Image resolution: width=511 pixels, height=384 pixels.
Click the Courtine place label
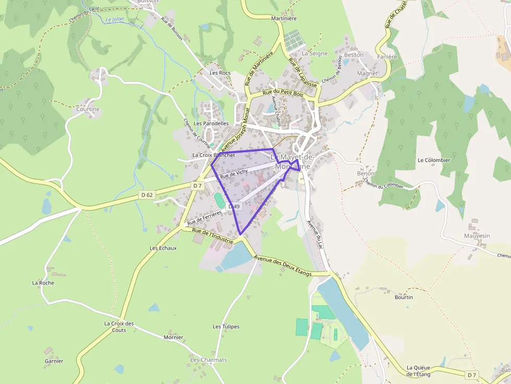pos(88,109)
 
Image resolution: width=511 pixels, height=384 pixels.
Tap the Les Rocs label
pos(220,73)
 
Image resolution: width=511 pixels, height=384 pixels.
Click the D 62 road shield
pos(147,195)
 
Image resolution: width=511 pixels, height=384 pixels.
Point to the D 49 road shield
pos(234,207)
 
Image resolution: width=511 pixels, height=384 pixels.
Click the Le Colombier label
pos(434,160)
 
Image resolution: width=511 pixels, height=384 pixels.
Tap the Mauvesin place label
pos(477,236)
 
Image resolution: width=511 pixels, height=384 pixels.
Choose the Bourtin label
pos(404,298)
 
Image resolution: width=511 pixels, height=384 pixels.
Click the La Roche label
pos(43,283)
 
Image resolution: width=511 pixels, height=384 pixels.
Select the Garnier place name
pos(54,361)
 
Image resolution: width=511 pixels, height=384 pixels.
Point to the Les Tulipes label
pos(226,327)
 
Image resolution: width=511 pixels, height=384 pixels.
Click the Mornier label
pos(173,337)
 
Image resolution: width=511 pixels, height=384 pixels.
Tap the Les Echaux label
pos(163,248)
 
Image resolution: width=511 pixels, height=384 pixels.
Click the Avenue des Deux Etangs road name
pos(283,266)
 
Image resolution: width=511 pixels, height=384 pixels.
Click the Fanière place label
pos(387,57)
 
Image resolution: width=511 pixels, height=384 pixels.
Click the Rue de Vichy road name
pos(234,174)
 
